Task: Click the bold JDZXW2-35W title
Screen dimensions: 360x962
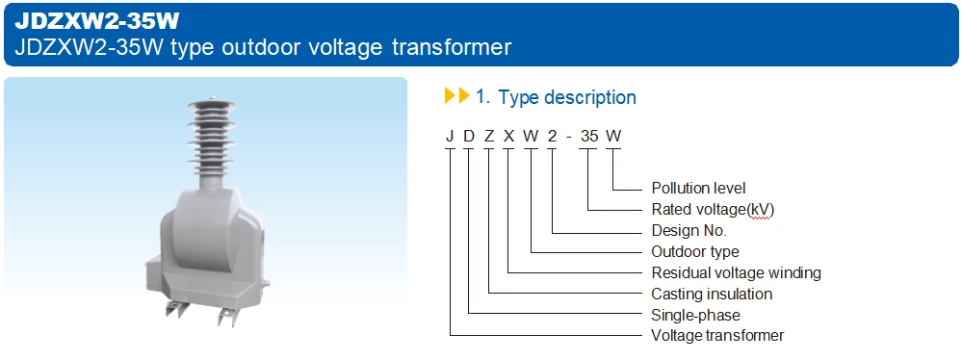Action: click(96, 19)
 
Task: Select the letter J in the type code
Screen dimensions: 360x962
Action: click(450, 136)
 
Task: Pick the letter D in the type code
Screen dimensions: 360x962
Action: click(469, 136)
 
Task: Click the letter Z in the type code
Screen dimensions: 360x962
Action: click(489, 136)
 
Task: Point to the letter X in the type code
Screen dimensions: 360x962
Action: click(508, 136)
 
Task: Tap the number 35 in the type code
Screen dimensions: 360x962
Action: click(589, 136)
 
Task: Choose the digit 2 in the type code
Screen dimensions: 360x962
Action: click(552, 136)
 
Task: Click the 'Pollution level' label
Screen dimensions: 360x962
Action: click(698, 189)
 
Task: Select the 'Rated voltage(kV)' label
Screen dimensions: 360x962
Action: click(713, 210)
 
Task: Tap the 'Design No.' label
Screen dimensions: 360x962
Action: click(689, 231)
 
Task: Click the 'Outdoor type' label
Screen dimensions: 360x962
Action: click(695, 252)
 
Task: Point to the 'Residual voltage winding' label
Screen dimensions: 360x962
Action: click(736, 272)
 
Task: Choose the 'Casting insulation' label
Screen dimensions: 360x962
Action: click(712, 294)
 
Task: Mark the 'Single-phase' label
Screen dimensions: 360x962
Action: click(695, 315)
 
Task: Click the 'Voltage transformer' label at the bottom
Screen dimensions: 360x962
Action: click(717, 336)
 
